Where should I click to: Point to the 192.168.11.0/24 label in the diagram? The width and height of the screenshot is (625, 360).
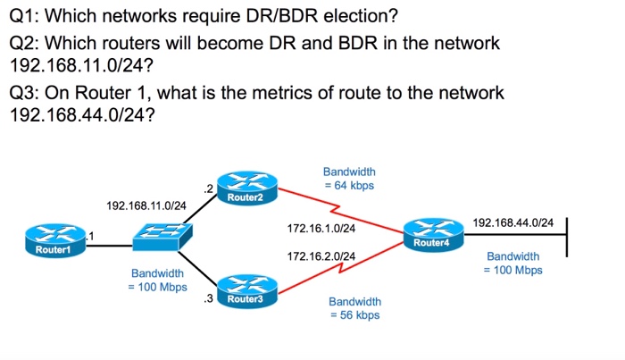146,206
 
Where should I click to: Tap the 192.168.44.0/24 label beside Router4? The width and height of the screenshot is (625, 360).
512,222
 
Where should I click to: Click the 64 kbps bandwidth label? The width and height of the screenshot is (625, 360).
349,179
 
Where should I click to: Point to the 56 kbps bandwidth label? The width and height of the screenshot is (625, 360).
354,309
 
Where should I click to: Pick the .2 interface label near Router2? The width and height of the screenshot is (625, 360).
208,188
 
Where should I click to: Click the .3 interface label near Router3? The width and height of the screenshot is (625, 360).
208,297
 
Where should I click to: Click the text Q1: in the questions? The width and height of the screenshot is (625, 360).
24,17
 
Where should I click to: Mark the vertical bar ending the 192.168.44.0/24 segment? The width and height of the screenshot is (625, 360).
567,236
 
